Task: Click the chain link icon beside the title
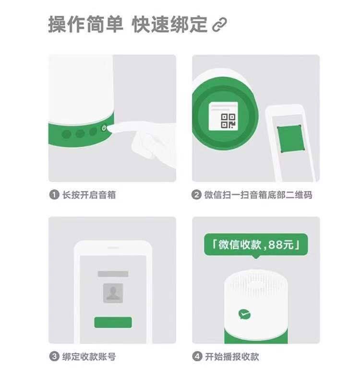click(219, 24)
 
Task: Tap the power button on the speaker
click(104, 128)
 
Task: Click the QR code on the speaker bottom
click(228, 121)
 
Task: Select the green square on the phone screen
click(291, 139)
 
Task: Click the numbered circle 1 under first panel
click(54, 195)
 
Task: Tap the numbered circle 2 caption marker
click(196, 195)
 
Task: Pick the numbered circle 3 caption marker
click(54, 356)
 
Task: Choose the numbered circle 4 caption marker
click(197, 356)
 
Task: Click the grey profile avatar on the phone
click(113, 293)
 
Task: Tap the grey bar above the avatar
click(113, 274)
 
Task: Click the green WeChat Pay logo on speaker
click(244, 314)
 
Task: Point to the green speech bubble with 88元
click(256, 245)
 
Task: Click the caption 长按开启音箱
click(89, 195)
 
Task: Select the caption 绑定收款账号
click(89, 356)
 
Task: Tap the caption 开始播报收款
click(232, 356)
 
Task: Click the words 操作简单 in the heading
click(86, 24)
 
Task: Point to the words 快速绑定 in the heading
click(169, 24)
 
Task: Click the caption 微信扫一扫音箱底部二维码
click(258, 195)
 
